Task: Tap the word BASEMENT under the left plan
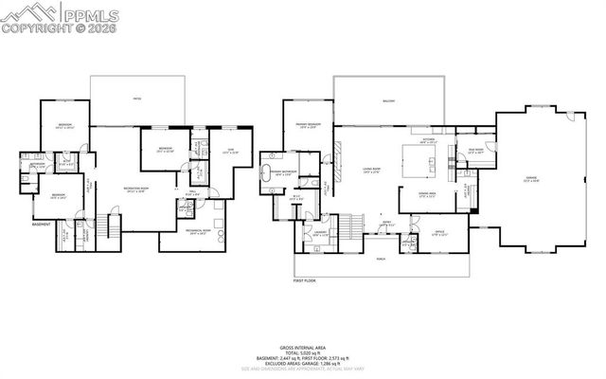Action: (42, 226)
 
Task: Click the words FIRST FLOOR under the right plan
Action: (304, 281)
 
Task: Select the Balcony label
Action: (389, 100)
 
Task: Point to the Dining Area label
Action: (428, 194)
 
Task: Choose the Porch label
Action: (381, 259)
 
